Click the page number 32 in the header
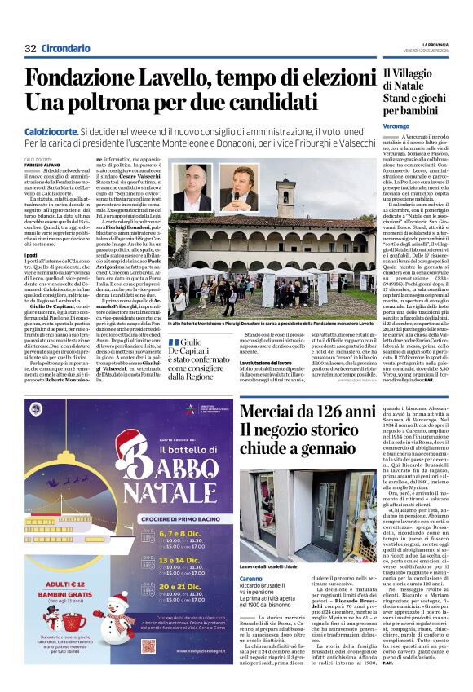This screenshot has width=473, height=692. [30, 49]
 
